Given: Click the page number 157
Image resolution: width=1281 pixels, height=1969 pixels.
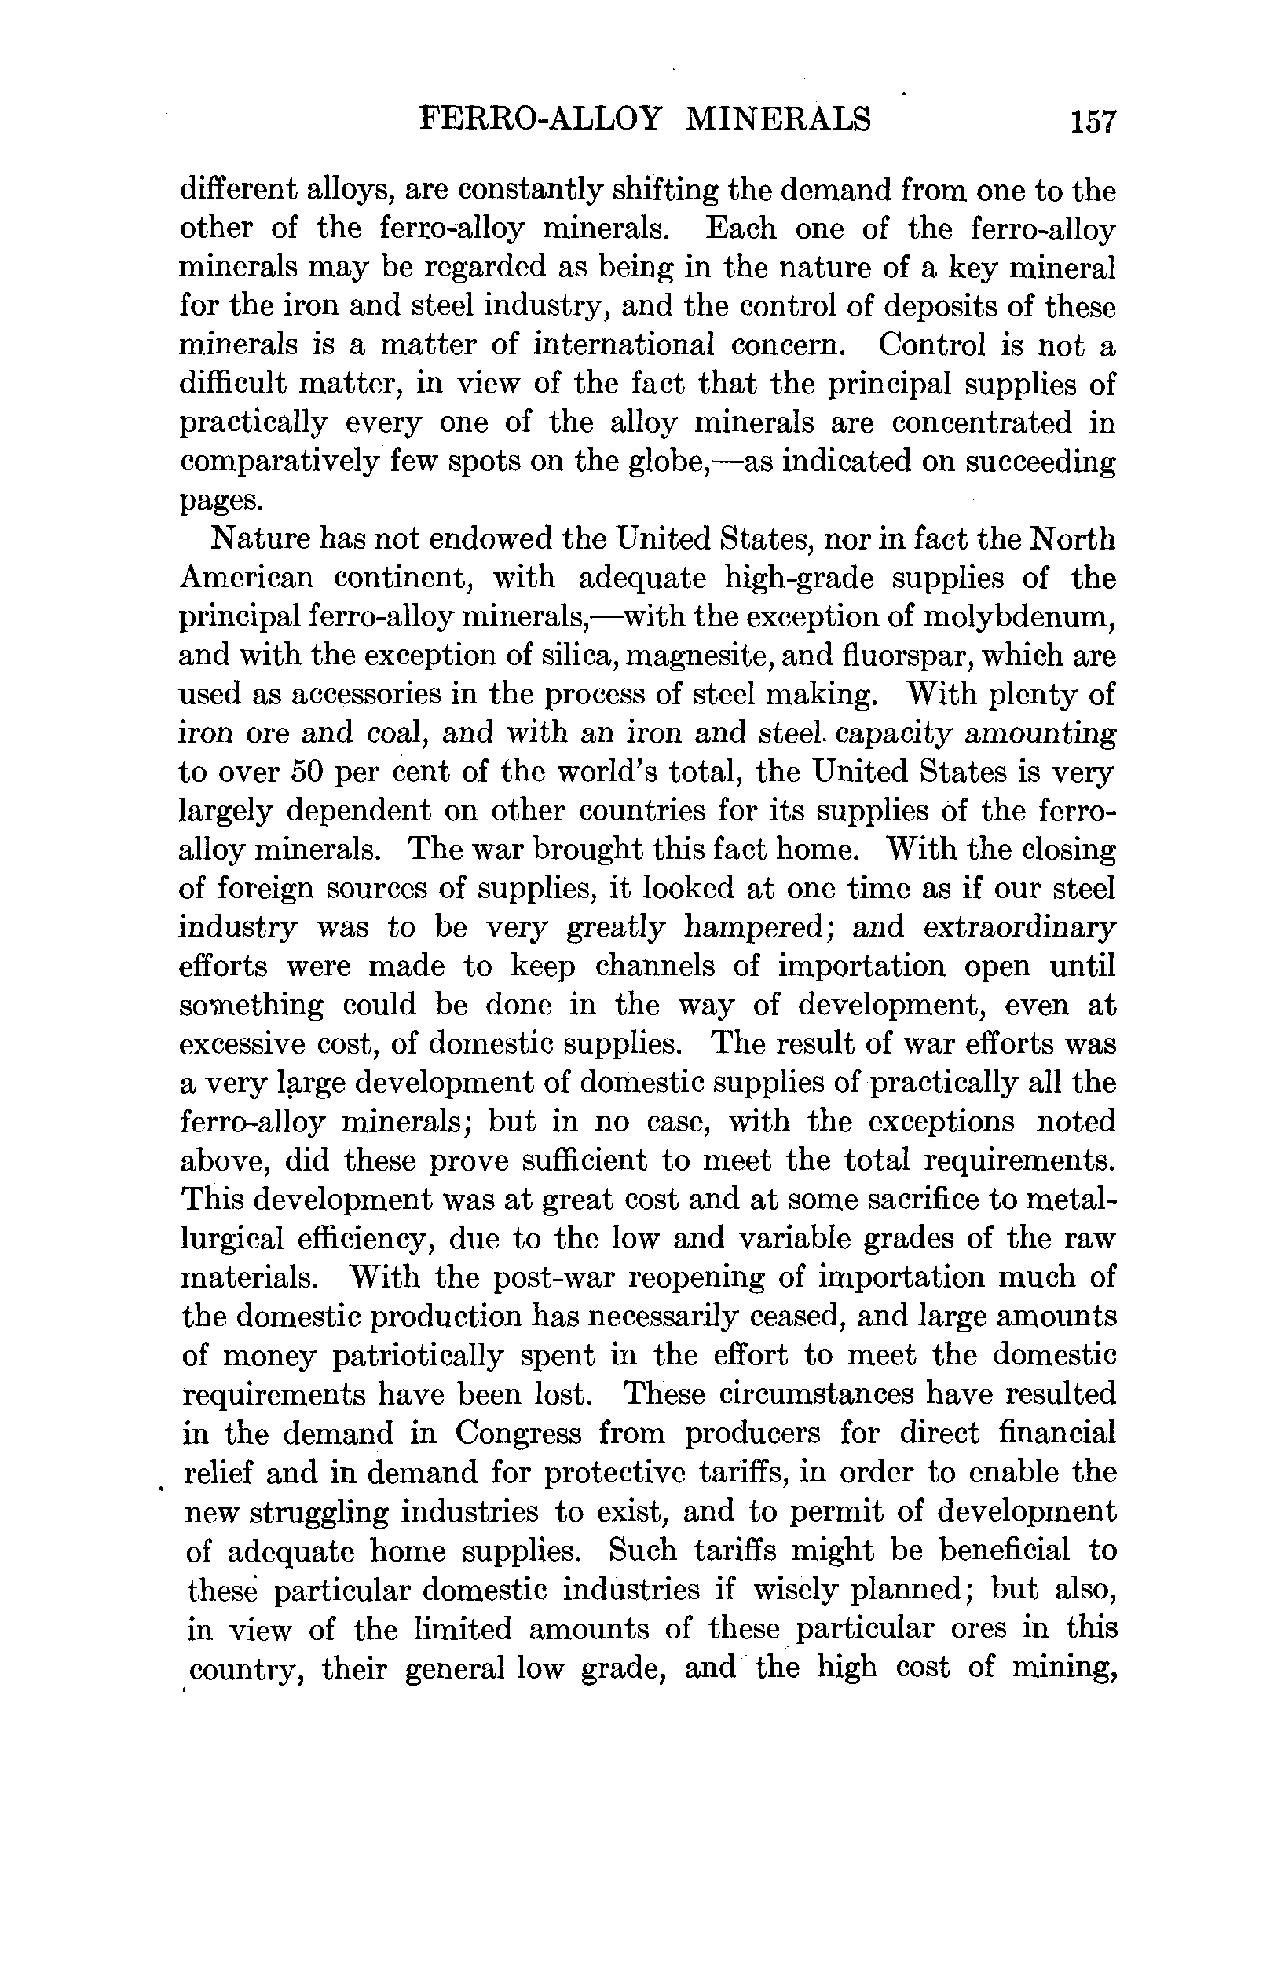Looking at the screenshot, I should [x=1093, y=122].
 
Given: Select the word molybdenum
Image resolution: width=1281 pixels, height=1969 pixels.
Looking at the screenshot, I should [x=1019, y=617].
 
